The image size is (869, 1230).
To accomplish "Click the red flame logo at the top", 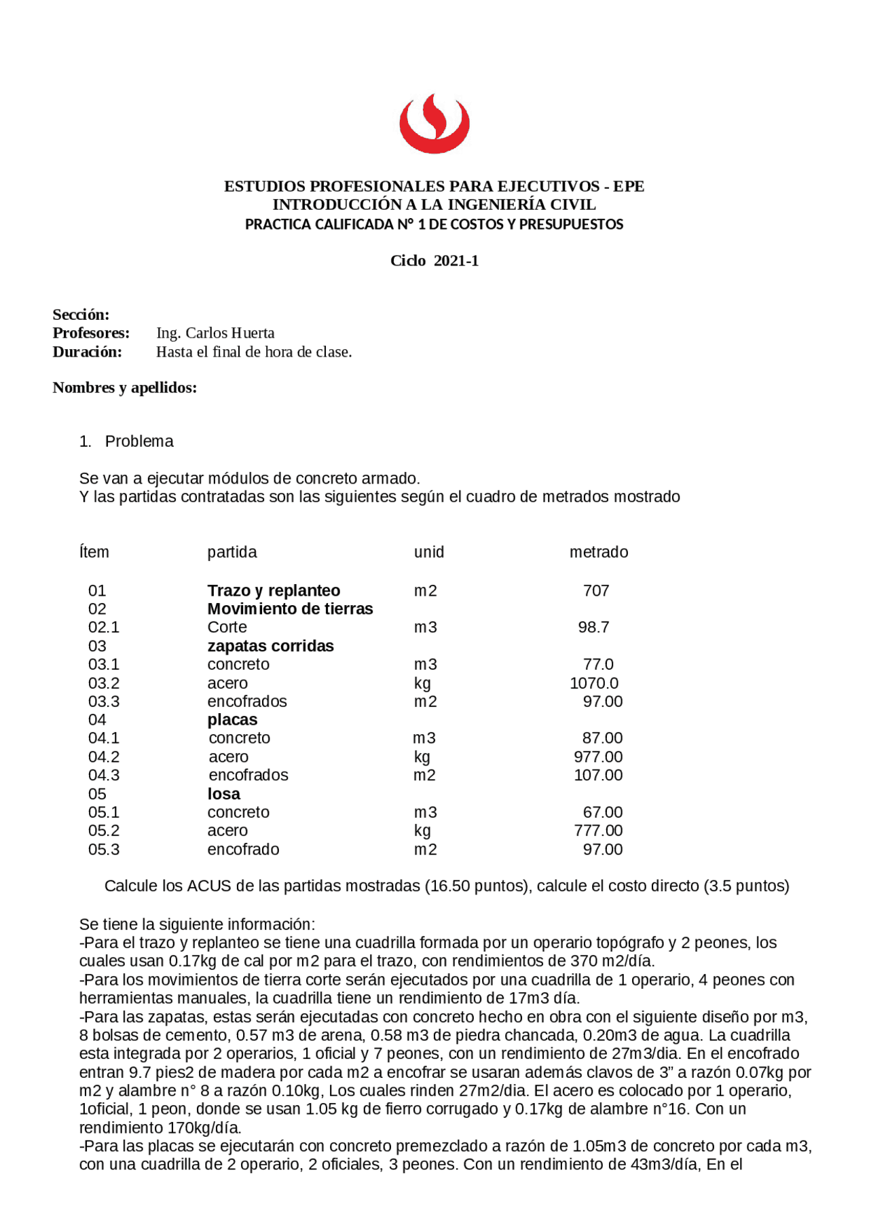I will tap(434, 124).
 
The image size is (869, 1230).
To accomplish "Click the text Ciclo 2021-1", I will tap(434, 261).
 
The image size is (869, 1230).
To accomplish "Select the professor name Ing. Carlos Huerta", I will tap(215, 333).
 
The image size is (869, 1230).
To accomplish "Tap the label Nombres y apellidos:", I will tap(124, 388).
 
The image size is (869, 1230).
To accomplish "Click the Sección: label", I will tap(81, 314).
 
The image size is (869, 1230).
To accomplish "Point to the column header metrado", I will tap(598, 552).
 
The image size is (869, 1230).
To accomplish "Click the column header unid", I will tap(428, 552).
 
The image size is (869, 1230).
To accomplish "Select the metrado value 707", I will tap(595, 591).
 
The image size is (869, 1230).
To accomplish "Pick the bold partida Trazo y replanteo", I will tap(274, 591).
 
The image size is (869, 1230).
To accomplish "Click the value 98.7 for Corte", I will tap(593, 628).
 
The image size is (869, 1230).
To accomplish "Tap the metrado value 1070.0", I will tap(593, 683).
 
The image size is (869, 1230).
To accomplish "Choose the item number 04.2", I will tap(103, 757).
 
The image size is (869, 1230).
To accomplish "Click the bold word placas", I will tap(232, 720).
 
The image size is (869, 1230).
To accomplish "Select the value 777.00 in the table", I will tap(597, 831).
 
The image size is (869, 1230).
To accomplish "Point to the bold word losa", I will tap(223, 794).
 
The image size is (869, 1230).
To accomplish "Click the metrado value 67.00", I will tap(602, 812).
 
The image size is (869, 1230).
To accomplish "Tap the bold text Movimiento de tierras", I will tap(290, 609).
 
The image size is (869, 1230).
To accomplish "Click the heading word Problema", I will tap(139, 441).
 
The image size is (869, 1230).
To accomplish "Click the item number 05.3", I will tap(103, 850).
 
